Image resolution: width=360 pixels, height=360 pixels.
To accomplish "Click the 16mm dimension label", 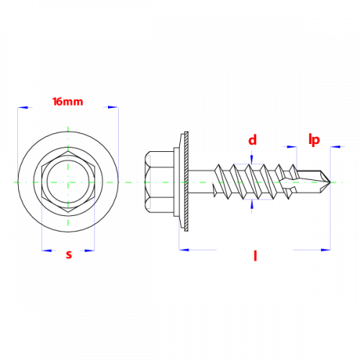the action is (68, 102).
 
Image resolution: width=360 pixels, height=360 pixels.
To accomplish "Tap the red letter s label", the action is (69, 254).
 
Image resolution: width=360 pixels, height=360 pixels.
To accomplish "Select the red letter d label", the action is (253, 140).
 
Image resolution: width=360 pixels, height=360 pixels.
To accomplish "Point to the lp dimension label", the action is (314, 140).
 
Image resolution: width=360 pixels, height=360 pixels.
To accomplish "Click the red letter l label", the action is (256, 256).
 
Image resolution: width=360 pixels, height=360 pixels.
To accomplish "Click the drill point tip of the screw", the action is (330, 182).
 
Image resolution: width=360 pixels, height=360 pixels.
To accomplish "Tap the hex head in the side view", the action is (159, 182).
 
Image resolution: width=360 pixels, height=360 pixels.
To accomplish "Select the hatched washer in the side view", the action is (186, 181).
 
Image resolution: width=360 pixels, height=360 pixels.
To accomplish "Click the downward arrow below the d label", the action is (251, 159).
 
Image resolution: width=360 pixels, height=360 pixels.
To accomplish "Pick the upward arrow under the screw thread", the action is (251, 204).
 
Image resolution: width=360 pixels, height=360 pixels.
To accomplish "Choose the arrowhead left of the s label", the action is (46, 251).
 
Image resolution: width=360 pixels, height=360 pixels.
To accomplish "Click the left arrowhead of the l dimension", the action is (184, 250).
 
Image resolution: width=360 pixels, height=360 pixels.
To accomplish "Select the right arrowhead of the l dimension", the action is (325, 250).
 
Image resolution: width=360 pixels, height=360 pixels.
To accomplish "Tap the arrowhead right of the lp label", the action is (336, 146).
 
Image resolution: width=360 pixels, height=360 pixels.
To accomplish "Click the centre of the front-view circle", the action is (68, 182).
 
